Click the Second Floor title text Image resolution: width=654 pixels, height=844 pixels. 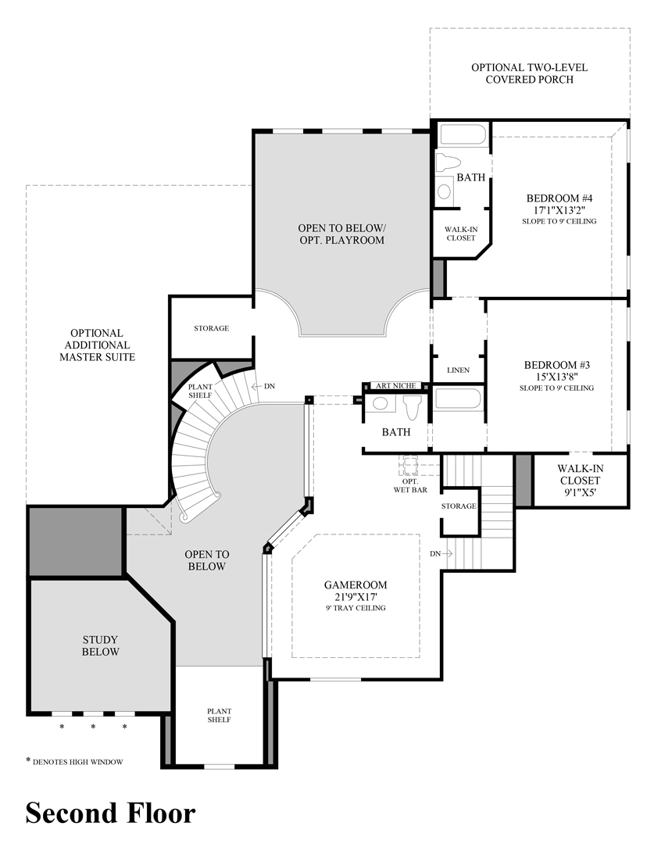click(110, 813)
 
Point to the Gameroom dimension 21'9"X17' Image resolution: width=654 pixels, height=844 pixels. click(356, 597)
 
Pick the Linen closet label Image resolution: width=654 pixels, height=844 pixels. click(459, 370)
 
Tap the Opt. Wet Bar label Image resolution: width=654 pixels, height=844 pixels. click(410, 485)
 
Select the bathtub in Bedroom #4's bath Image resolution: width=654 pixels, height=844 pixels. click(463, 134)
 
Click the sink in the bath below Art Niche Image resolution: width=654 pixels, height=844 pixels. click(380, 404)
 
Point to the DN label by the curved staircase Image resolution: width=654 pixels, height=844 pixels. click(269, 386)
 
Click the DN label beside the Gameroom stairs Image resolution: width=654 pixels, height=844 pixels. click(435, 553)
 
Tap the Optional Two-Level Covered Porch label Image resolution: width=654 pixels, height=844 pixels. click(529, 73)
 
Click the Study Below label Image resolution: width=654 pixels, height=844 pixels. click(101, 646)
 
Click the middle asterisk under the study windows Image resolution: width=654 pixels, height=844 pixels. click(93, 727)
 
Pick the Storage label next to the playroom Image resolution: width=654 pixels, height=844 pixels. click(211, 328)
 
